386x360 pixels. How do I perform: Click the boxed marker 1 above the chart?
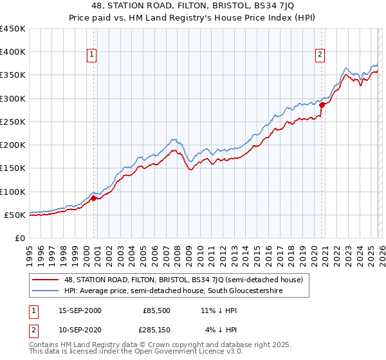click(x=93, y=55)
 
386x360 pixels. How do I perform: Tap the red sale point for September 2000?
click(x=93, y=199)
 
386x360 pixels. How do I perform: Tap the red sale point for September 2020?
click(x=322, y=105)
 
